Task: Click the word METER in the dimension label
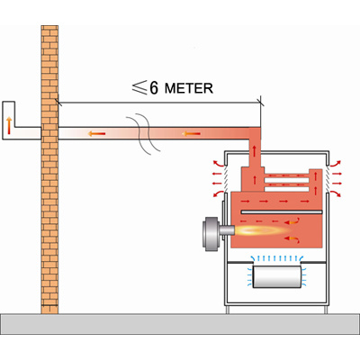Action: (189, 88)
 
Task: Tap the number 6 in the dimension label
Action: (154, 87)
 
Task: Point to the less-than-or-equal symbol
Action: (139, 87)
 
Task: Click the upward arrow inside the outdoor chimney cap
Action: (9, 126)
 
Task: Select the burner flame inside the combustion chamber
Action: (261, 230)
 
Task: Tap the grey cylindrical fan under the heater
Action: (276, 276)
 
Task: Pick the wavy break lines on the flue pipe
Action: (143, 134)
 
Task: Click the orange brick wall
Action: (49, 169)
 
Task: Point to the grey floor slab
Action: (180, 324)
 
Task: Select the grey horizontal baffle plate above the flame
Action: (282, 212)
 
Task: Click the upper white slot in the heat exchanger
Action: (287, 180)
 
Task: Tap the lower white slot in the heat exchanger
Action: (287, 189)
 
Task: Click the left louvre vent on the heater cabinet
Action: (226, 178)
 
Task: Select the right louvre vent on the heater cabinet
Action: (328, 178)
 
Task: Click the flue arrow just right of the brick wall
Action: (96, 133)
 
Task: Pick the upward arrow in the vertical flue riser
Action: (255, 151)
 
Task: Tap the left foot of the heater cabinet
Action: (228, 310)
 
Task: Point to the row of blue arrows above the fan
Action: (276, 258)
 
